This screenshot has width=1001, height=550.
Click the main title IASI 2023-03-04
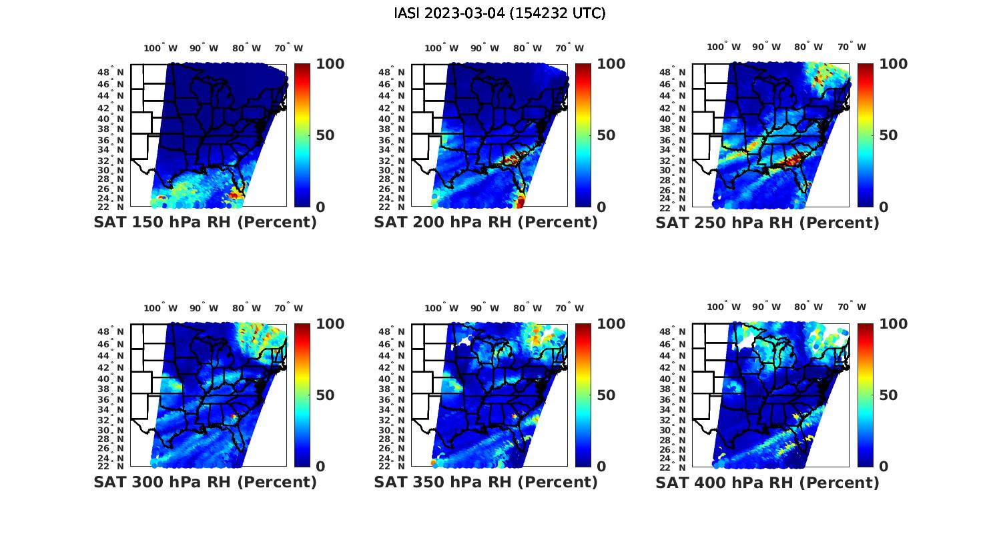pyautogui.click(x=500, y=13)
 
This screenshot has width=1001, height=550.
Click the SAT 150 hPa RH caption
pyautogui.click(x=205, y=223)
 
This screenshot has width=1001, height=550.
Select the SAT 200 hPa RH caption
pyautogui.click(x=486, y=223)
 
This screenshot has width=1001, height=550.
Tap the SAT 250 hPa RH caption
pyautogui.click(x=767, y=223)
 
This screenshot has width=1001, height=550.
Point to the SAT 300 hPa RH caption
pyautogui.click(x=205, y=482)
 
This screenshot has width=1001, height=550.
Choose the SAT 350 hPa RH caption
pyautogui.click(x=486, y=482)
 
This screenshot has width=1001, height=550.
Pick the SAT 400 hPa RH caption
pyautogui.click(x=767, y=482)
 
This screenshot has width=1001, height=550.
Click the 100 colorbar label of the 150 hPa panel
pyautogui.click(x=330, y=64)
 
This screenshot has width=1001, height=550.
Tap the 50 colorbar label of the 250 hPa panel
pyautogui.click(x=887, y=135)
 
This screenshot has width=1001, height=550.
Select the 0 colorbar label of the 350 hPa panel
pyautogui.click(x=601, y=467)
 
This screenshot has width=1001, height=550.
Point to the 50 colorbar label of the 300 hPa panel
pyautogui.click(x=324, y=395)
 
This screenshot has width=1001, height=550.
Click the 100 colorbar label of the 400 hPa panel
pyautogui.click(x=893, y=324)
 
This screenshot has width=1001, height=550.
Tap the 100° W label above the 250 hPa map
pyautogui.click(x=724, y=47)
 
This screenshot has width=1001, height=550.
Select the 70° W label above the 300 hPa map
pyautogui.click(x=288, y=308)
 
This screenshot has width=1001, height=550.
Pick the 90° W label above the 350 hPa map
pyautogui.click(x=485, y=308)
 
